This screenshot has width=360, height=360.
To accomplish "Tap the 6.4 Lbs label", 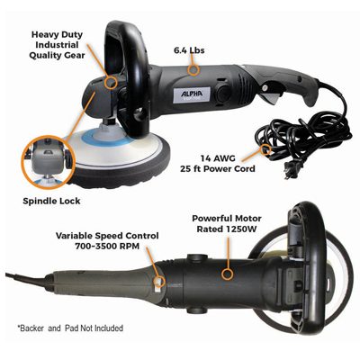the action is (189, 50).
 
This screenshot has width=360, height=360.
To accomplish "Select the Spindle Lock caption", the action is (51, 201).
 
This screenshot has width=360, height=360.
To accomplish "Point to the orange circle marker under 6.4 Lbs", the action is (193, 69).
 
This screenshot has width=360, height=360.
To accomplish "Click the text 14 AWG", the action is (218, 158).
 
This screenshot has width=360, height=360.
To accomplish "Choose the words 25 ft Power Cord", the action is (218, 168).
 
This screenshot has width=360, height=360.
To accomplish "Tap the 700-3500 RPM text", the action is (107, 247).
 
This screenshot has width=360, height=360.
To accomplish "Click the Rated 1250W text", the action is (227, 229).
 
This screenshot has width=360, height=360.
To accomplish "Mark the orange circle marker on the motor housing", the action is (227, 274).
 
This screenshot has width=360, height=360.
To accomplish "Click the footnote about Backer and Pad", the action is (70, 328).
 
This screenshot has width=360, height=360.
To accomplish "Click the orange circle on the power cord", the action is (265, 149).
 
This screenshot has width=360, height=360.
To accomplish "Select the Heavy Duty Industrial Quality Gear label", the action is (57, 45).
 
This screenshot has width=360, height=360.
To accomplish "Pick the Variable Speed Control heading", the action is (107, 236).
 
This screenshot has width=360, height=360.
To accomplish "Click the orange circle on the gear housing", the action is (111, 82).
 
